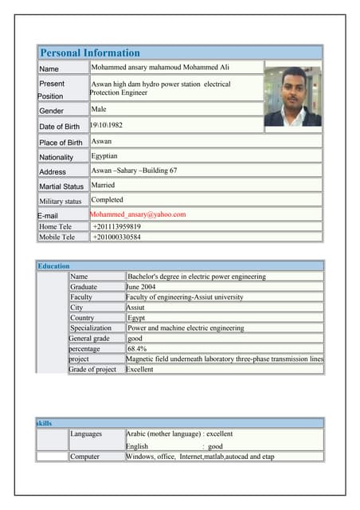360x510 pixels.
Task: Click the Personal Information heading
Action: pyautogui.click(x=90, y=53)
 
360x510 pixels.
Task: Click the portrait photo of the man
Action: pyautogui.click(x=292, y=96)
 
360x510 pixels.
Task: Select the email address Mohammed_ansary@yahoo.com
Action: pyautogui.click(x=138, y=214)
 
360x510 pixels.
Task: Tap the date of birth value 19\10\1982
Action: pyautogui.click(x=108, y=126)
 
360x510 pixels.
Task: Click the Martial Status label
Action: pyautogui.click(x=61, y=186)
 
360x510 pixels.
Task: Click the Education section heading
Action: pyautogui.click(x=54, y=265)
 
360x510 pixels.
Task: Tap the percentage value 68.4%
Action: pyautogui.click(x=137, y=349)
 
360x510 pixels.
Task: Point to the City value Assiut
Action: pyautogui.click(x=135, y=307)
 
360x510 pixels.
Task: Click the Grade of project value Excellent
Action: pyautogui.click(x=139, y=370)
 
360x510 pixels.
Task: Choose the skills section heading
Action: pyautogui.click(x=45, y=423)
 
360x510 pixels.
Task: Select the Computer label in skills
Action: pyautogui.click(x=85, y=457)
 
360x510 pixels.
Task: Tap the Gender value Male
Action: pyautogui.click(x=99, y=109)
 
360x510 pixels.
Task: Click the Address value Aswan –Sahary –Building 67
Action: pyautogui.click(x=135, y=171)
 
